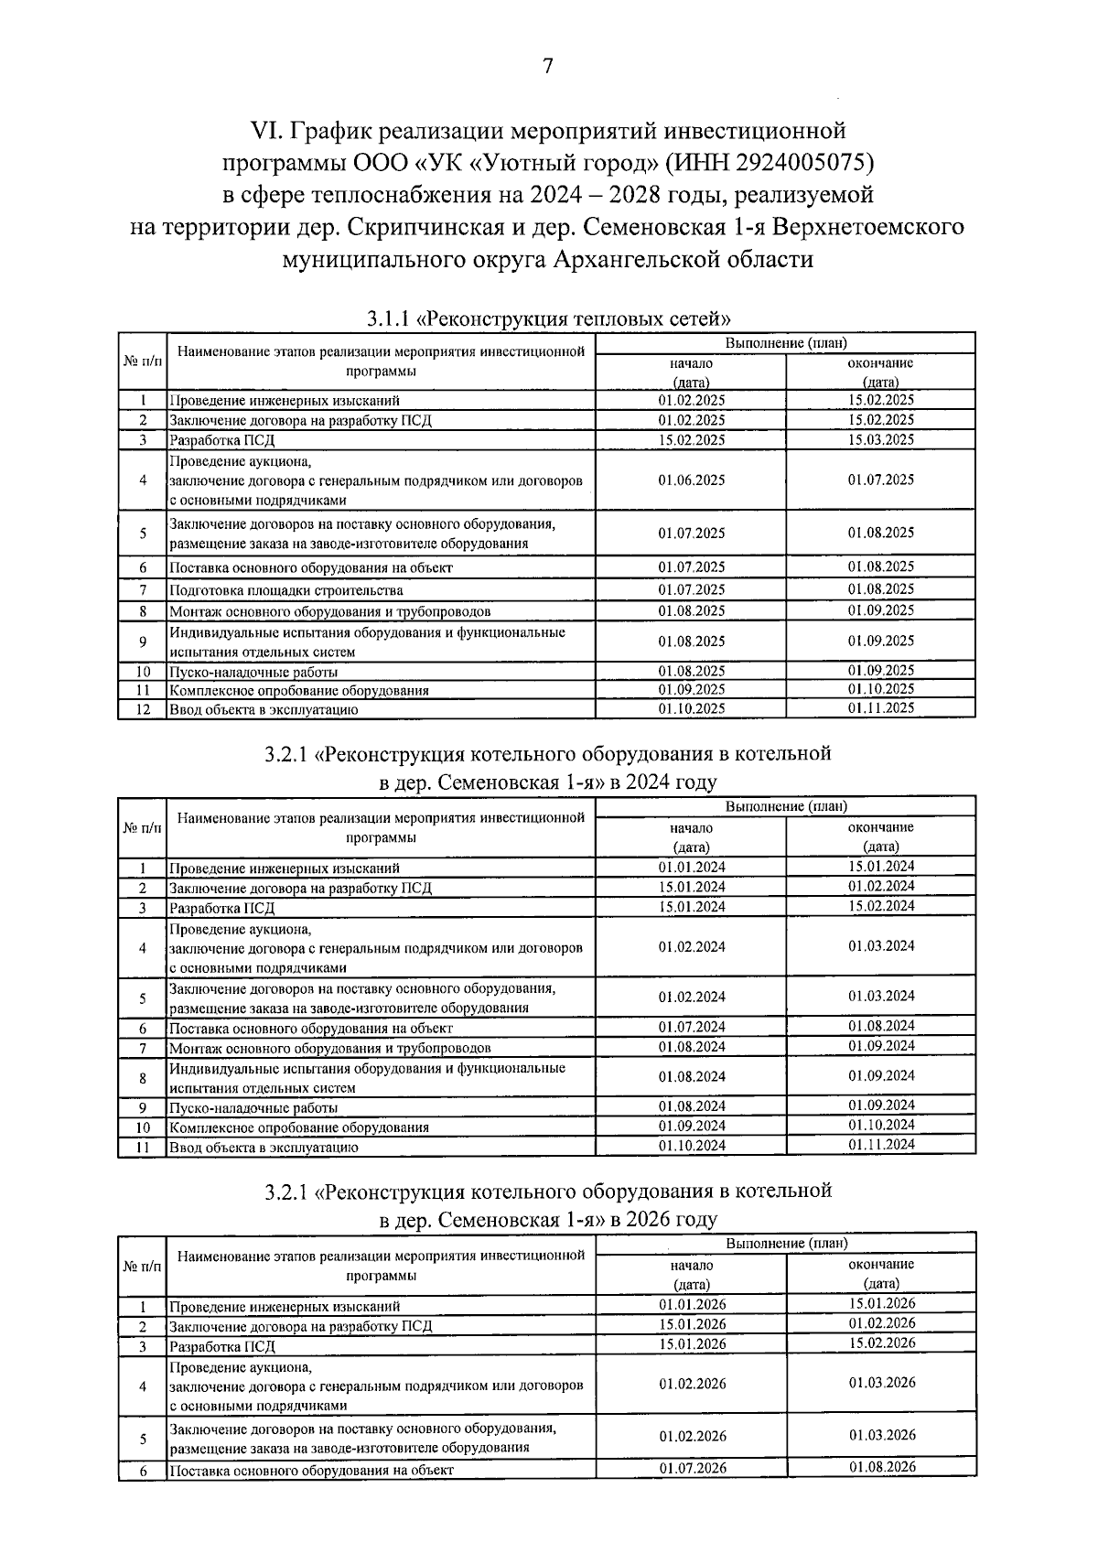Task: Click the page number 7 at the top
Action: click(548, 66)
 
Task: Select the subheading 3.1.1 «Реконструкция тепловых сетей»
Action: click(548, 319)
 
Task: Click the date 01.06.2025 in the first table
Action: click(691, 480)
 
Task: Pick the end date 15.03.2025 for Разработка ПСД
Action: click(880, 440)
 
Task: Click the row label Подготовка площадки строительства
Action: click(285, 590)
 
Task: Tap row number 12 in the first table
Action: click(143, 709)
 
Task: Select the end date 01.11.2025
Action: click(880, 708)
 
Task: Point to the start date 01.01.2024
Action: click(691, 868)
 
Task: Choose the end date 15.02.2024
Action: click(880, 906)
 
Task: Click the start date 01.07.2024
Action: click(691, 1028)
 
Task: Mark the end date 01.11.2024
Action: click(880, 1145)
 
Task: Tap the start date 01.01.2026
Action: click(692, 1305)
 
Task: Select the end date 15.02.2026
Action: click(881, 1343)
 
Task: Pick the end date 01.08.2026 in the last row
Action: click(881, 1467)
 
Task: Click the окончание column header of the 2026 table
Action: click(880, 1264)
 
